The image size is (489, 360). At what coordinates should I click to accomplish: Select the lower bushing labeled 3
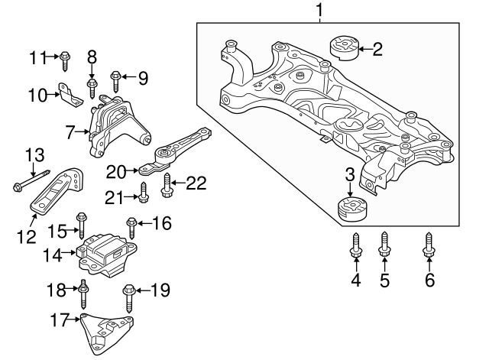(351, 208)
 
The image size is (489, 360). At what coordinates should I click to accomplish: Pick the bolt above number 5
(384, 247)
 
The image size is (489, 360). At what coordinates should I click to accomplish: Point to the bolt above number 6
(429, 247)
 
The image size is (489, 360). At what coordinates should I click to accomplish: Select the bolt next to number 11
(65, 56)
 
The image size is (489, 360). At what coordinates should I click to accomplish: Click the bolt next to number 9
(116, 78)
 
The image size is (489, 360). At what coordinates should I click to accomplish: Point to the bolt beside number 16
(131, 227)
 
